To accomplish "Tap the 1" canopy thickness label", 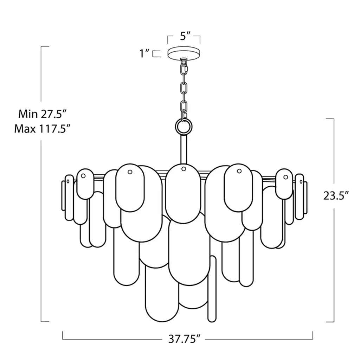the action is (x=144, y=53).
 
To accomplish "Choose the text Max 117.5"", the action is (x=42, y=129).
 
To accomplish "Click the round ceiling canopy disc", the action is (x=184, y=53).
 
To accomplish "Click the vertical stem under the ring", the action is (x=184, y=149).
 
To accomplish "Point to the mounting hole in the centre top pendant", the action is (x=184, y=169).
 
